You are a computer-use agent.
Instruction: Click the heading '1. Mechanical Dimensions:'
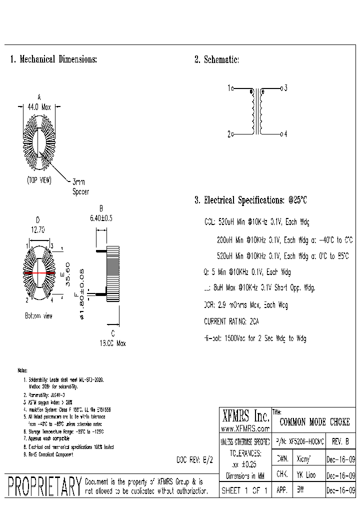coord(53,59)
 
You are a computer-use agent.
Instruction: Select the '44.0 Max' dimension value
coord(39,106)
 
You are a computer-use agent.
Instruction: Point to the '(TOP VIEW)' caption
coord(39,180)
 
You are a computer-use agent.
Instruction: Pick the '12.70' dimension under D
coord(38,230)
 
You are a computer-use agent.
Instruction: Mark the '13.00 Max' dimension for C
coord(112,343)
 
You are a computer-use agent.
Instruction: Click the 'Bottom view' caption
coord(38,316)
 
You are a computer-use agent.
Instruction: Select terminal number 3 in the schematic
coord(285,88)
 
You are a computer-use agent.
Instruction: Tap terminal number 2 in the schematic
coord(229,134)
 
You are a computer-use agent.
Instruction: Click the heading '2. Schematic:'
coord(216,60)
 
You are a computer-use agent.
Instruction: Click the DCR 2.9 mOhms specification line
coord(245,305)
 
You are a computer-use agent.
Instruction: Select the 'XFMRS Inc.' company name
coord(245,416)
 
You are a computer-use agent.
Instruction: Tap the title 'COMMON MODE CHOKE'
coord(314,422)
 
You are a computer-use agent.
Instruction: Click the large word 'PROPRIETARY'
coord(44,486)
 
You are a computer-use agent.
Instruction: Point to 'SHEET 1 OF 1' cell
coord(245,491)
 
